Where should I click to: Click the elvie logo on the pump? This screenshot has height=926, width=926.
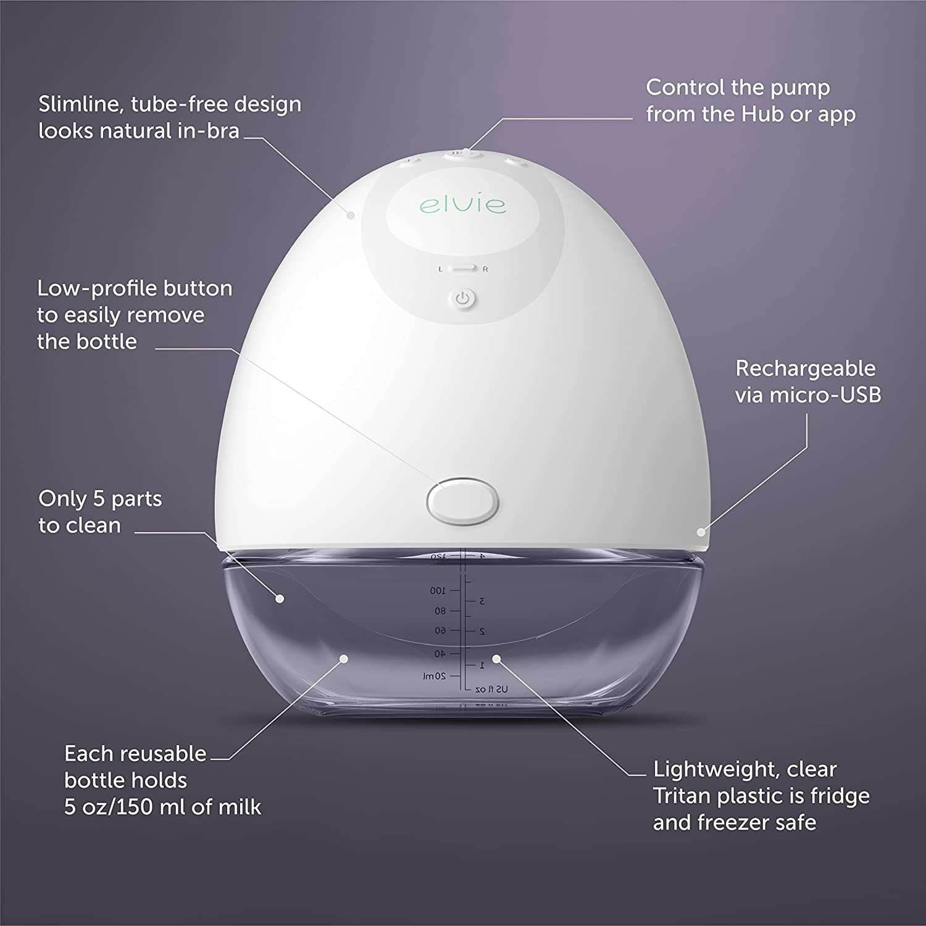click(x=463, y=204)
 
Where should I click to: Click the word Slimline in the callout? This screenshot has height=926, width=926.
click(x=81, y=104)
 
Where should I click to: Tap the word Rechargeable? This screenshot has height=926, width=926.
click(x=806, y=368)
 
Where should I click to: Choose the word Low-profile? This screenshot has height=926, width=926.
click(x=85, y=288)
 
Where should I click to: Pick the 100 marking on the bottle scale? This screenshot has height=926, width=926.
click(x=438, y=591)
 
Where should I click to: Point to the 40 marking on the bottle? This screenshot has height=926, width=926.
click(x=440, y=653)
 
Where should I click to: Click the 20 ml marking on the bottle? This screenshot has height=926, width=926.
click(x=435, y=676)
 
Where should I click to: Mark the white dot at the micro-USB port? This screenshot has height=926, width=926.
click(x=701, y=532)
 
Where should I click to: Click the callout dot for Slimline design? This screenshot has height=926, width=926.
click(x=351, y=215)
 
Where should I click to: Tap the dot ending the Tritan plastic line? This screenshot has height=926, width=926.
click(x=496, y=659)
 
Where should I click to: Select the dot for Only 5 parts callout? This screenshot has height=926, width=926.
click(x=280, y=598)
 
